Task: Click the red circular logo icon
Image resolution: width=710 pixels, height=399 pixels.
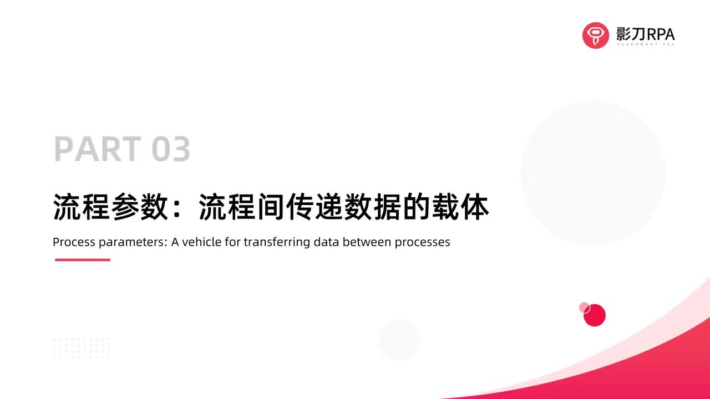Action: (596, 35)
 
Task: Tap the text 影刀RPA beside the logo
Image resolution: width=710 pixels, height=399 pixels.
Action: (645, 34)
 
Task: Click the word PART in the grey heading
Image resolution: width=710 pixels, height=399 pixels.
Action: (98, 149)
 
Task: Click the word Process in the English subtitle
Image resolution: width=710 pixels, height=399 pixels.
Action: (72, 242)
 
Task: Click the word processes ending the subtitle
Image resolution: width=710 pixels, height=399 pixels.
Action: (422, 243)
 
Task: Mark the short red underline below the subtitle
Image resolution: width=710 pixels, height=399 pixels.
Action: (82, 259)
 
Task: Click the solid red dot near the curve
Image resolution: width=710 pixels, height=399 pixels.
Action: (596, 316)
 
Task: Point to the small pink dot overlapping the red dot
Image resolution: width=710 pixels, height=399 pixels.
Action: (584, 307)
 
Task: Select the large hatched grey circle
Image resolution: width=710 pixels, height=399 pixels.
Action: (592, 172)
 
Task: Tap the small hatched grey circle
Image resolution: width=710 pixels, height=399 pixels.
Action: (399, 340)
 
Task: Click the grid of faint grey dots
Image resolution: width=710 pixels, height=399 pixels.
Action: (82, 347)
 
